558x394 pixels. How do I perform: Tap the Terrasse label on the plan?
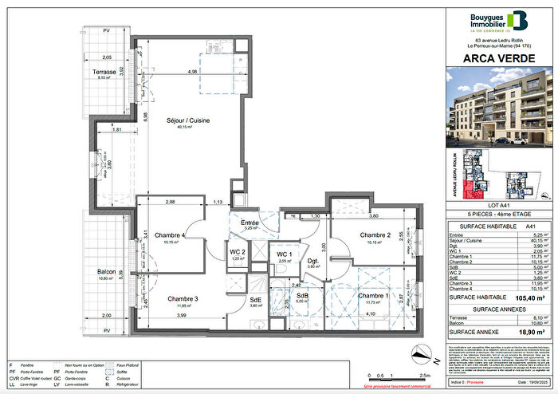click(x=104, y=72)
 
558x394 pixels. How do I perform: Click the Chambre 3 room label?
click(x=183, y=299)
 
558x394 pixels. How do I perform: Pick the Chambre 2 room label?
click(x=374, y=235)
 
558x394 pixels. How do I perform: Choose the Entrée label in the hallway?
click(x=251, y=223)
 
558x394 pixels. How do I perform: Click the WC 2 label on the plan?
click(x=238, y=252)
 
